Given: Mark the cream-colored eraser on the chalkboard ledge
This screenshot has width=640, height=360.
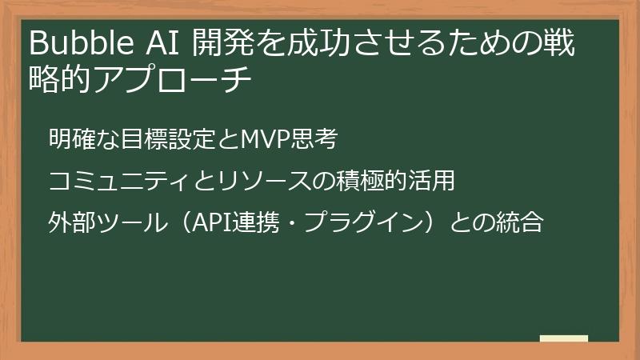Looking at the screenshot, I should coord(563,339).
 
